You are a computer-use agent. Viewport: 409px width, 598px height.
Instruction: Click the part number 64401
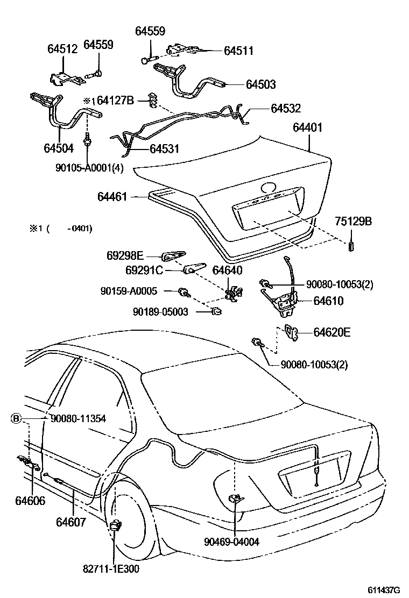pos(307,127)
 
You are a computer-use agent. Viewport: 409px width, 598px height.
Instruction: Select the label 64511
pos(238,51)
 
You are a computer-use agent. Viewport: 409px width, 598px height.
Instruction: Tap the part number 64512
pos(62,49)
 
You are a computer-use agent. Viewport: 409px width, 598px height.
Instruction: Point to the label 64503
pos(260,84)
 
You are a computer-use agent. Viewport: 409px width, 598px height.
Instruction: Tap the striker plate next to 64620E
pos(291,333)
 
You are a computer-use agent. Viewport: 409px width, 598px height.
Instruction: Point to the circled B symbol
pos(17,418)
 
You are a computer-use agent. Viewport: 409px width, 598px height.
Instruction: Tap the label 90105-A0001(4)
pos(89,167)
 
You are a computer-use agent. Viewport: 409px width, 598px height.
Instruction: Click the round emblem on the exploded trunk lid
pos(267,188)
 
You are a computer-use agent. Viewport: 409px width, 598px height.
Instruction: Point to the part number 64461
pos(112,197)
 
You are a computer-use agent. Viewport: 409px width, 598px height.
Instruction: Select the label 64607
pos(70,522)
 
